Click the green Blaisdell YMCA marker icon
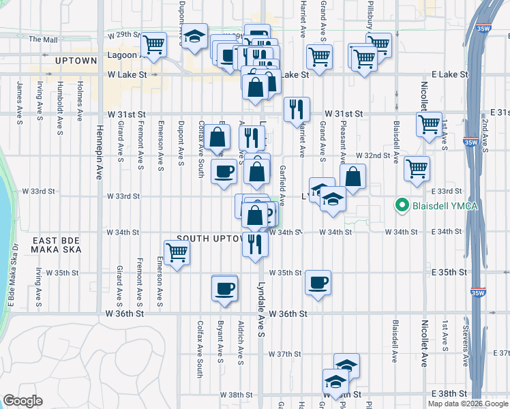(403, 204)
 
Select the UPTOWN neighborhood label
(76, 61)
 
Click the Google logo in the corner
(22, 400)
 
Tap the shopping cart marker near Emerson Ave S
(177, 253)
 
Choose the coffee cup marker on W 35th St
(318, 282)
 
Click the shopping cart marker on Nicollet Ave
(429, 125)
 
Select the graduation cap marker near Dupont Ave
(196, 35)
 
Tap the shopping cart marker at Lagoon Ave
(154, 45)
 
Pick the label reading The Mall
(43, 40)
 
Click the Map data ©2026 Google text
(466, 404)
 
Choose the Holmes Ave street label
(80, 97)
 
